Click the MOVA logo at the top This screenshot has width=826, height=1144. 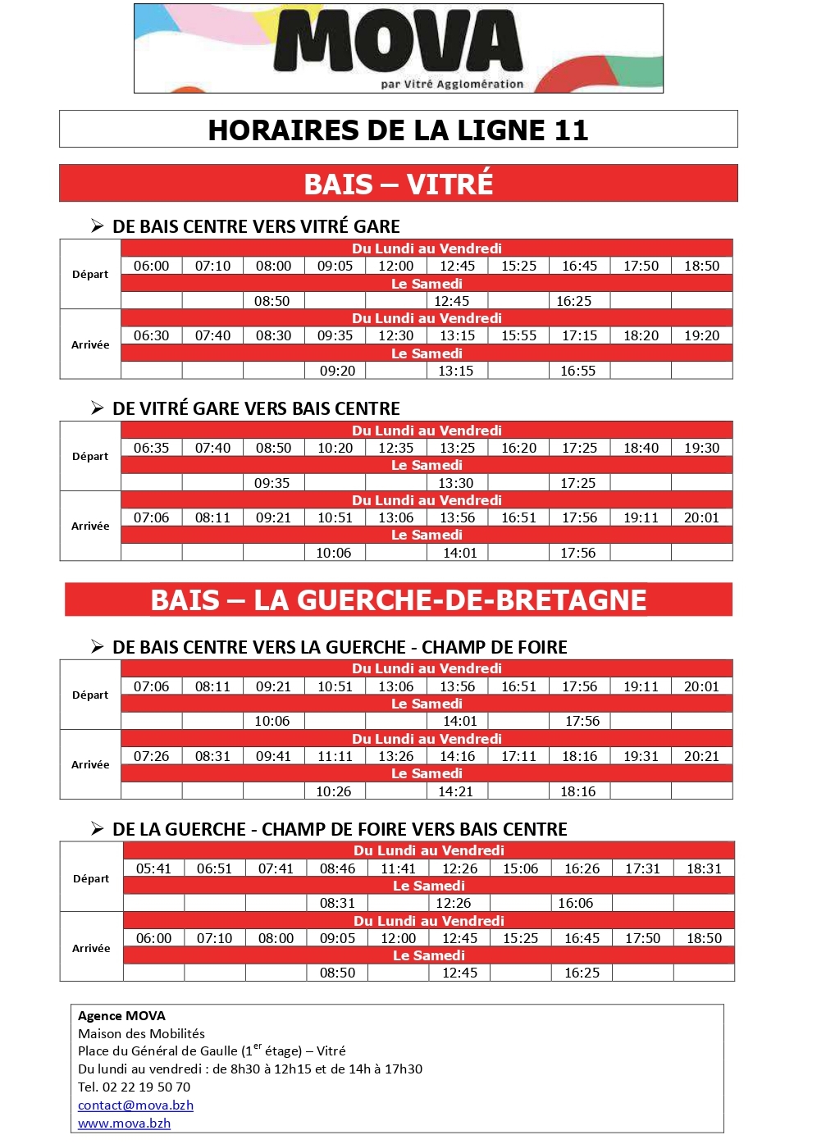399,48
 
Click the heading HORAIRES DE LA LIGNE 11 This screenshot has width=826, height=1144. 398,130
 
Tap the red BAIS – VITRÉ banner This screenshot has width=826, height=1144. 398,184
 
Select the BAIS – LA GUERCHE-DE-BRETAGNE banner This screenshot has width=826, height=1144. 398,600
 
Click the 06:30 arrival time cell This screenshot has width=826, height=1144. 152,336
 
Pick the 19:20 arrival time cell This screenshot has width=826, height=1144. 701,336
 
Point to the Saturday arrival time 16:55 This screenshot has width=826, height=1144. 578,371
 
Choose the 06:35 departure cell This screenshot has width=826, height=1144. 152,449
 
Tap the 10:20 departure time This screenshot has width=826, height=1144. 335,449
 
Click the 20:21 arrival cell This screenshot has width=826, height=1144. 701,757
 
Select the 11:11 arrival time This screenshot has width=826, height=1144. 335,757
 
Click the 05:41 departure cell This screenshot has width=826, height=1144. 154,869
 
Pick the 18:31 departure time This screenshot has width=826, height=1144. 704,869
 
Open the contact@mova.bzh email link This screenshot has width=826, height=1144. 136,1105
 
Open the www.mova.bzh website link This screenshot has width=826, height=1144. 125,1123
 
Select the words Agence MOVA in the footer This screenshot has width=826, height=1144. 121,1016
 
